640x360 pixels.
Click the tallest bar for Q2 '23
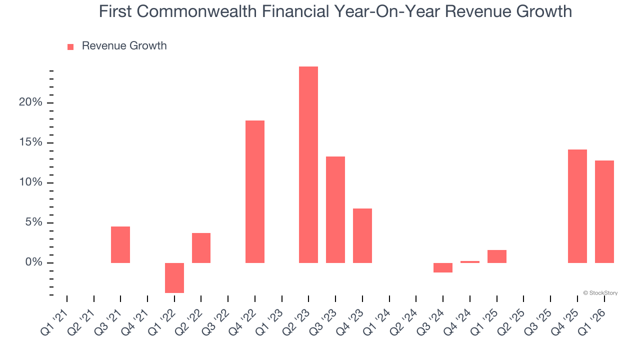click(308, 164)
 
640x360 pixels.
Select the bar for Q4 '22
click(255, 191)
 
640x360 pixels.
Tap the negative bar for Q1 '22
click(174, 277)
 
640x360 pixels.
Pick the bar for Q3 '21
click(120, 244)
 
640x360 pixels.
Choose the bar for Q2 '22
click(201, 247)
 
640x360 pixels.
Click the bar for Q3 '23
click(335, 209)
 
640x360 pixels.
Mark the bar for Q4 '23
click(362, 235)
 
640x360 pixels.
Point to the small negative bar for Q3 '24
click(443, 267)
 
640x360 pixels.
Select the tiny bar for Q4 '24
click(470, 261)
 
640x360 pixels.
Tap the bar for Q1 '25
click(497, 256)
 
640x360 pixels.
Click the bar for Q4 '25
click(577, 206)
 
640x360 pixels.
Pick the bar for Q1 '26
click(604, 211)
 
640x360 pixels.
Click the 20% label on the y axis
click(31, 102)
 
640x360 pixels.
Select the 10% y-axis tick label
click(31, 182)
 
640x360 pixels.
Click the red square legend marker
click(70, 46)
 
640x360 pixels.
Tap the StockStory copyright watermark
click(600, 293)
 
